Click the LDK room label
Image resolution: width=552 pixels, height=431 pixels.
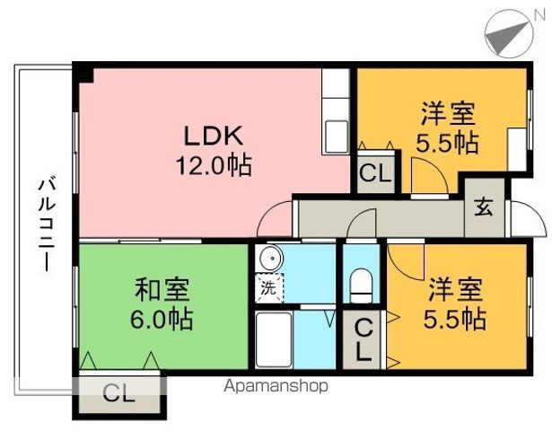tap(214, 136)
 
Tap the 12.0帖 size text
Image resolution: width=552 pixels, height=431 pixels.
tap(214, 165)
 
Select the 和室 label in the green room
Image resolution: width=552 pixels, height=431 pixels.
tap(162, 290)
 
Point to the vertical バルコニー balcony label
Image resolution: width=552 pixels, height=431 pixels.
tap(46, 225)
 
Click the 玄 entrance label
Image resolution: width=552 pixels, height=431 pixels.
tap(484, 207)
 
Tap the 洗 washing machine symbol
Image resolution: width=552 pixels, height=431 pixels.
tap(269, 288)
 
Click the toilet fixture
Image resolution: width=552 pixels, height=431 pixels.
tap(361, 286)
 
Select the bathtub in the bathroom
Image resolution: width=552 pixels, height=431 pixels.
tap(274, 339)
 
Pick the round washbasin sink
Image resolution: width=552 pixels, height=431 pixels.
tap(271, 259)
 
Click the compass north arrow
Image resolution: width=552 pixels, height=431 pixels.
tap(509, 34)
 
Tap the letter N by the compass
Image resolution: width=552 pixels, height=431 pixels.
tap(539, 14)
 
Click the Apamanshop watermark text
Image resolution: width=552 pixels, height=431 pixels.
tap(276, 386)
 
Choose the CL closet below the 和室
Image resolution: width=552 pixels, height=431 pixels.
tap(119, 393)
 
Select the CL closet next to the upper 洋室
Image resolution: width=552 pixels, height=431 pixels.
tap(375, 173)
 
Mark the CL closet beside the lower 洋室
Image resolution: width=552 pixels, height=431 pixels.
tap(363, 340)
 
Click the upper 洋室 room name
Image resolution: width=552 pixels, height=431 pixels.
tap(448, 114)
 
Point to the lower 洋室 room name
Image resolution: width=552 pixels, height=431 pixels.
tap(455, 290)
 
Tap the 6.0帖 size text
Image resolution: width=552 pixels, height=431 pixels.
tap(162, 319)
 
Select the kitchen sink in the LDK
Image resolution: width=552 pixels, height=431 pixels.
tap(337, 136)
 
